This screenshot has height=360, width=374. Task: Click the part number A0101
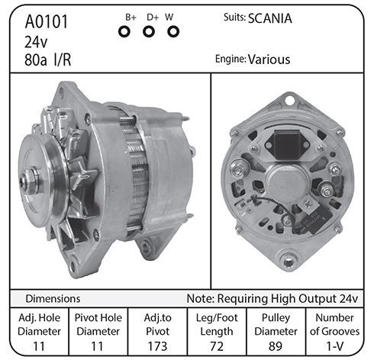[47, 21]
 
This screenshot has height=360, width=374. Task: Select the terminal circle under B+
[124, 32]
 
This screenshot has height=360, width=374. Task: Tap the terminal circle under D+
[149, 32]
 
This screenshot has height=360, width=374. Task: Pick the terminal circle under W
[173, 32]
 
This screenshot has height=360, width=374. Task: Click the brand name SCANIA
[270, 18]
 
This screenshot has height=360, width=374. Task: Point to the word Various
[269, 59]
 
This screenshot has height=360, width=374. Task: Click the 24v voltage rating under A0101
[36, 42]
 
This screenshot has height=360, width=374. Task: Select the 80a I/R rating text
[47, 60]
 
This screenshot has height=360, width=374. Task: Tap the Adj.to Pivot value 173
[157, 346]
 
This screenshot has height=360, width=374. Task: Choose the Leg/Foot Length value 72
[217, 346]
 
